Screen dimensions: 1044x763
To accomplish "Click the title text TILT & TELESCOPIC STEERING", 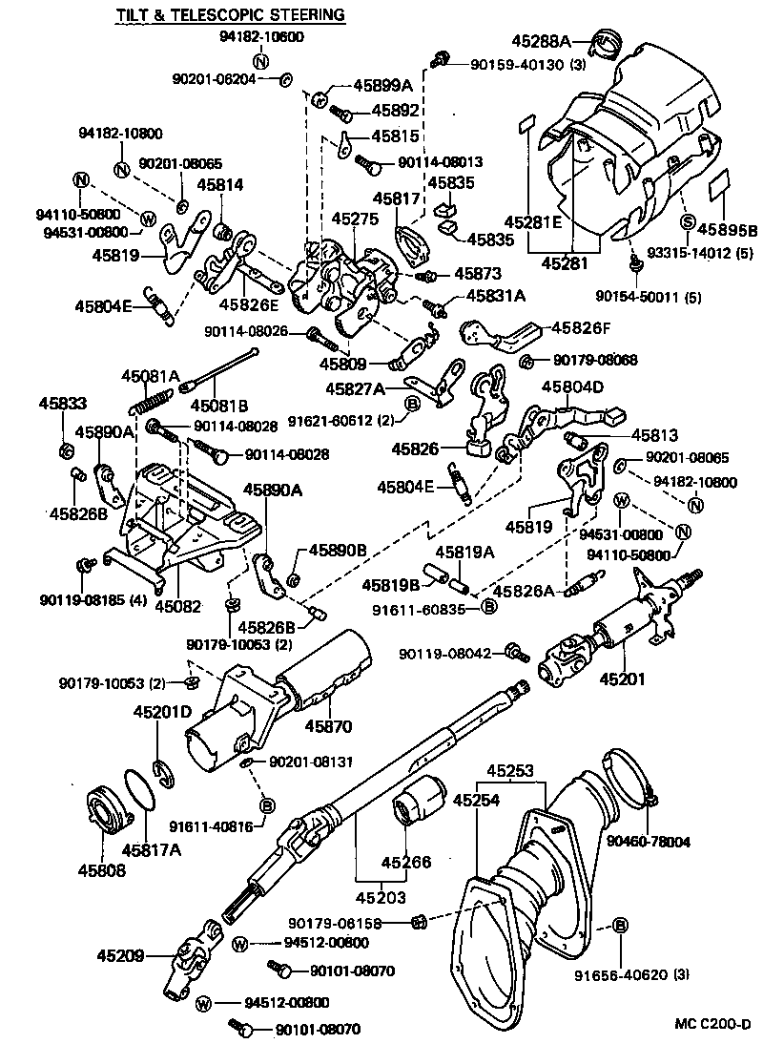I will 230,16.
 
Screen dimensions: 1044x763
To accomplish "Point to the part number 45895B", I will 727,229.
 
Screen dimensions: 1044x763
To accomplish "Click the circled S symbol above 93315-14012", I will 686,221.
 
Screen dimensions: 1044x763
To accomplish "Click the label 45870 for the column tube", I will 328,726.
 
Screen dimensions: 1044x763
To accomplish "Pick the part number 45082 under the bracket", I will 177,605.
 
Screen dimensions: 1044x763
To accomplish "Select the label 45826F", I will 579,329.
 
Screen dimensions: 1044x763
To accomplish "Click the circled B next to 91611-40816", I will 267,805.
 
